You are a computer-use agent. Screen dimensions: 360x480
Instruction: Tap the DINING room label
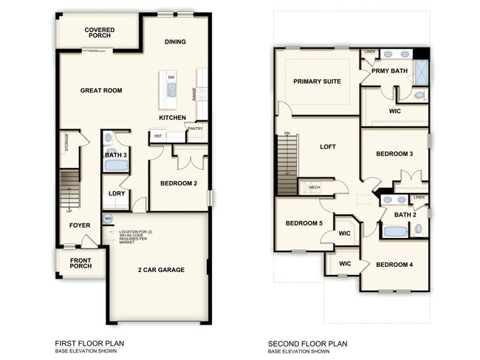[175, 42]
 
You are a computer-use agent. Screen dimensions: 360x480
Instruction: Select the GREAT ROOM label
[101, 90]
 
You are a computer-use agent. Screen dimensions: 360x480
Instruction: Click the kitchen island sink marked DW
[171, 89]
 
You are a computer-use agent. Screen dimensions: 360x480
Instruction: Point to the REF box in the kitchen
[157, 136]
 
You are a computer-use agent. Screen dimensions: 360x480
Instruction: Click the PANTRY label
[195, 129]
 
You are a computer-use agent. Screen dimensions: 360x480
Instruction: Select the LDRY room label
[115, 194]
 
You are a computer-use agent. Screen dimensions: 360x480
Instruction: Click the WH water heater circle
[108, 219]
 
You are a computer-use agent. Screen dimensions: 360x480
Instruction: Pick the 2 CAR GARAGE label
[160, 270]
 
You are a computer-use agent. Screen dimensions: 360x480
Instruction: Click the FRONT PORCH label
[81, 264]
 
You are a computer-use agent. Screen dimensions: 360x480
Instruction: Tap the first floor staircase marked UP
[69, 189]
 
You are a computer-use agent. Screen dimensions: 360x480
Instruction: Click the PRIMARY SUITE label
[317, 81]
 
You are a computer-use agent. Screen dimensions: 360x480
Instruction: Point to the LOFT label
[327, 146]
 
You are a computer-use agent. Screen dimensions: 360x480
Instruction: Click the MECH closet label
[315, 187]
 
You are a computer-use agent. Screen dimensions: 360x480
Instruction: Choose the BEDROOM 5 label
[302, 223]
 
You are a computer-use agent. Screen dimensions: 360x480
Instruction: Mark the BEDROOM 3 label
[394, 154]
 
